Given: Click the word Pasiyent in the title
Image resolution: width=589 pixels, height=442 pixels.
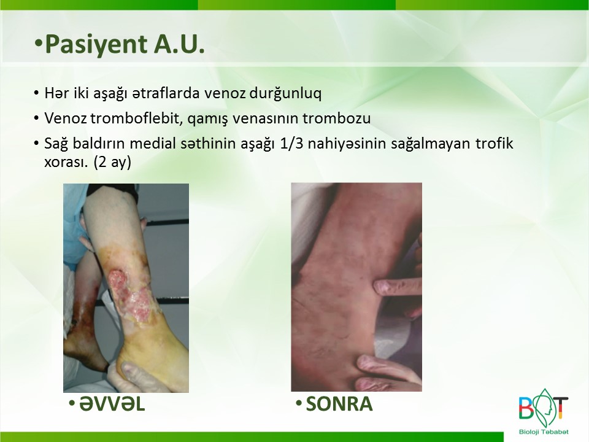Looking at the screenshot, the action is pyautogui.click(x=96, y=45).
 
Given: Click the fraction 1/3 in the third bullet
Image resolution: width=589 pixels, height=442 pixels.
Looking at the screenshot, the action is pyautogui.click(x=292, y=143).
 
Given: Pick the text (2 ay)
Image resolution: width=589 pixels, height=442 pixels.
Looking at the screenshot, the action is pyautogui.click(x=112, y=162).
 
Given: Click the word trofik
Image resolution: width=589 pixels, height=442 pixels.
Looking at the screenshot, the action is pyautogui.click(x=494, y=143).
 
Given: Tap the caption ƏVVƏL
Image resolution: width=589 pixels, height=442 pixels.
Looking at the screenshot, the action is pyautogui.click(x=112, y=404).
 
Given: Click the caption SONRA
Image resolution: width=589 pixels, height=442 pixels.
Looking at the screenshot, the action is pyautogui.click(x=339, y=404).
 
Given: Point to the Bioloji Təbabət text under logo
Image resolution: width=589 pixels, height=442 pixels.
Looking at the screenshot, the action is pyautogui.click(x=544, y=432).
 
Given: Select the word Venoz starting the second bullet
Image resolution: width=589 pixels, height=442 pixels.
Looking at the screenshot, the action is pyautogui.click(x=66, y=118).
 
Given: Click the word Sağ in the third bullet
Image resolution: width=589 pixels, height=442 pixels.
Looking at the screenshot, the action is pyautogui.click(x=56, y=144).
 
